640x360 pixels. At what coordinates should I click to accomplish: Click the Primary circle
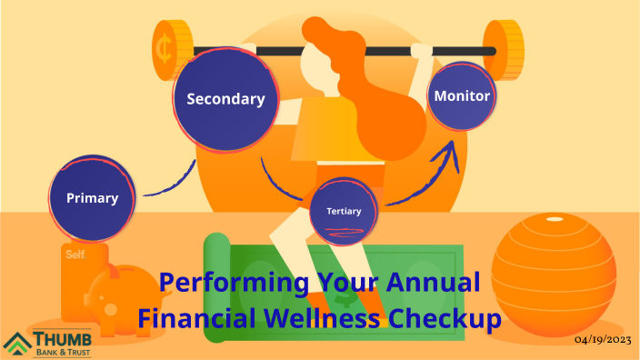coord(92,196)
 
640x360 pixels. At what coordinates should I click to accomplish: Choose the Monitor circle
coord(462,95)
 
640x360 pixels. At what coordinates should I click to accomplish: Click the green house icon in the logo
coord(17,345)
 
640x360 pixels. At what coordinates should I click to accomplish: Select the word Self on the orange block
coord(75,255)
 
